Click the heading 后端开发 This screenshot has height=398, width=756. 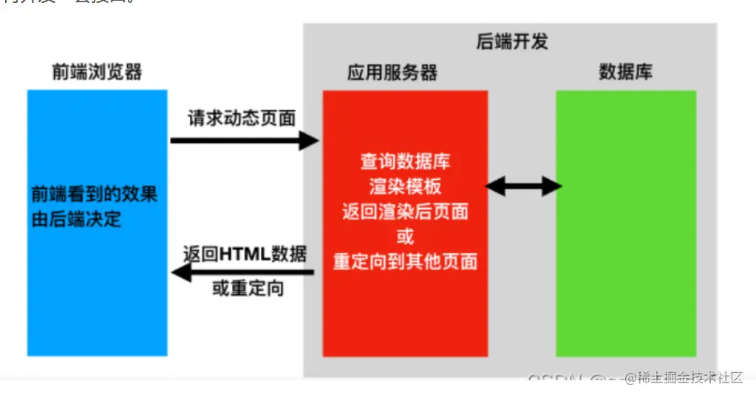pos(511,41)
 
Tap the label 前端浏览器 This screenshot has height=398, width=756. pos(97,72)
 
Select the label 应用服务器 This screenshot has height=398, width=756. pos(392,72)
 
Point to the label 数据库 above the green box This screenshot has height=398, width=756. pos(625,72)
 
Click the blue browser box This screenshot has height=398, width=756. pos(97,296)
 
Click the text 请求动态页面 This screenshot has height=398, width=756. pos(242,118)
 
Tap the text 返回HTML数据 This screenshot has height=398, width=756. pos(245,254)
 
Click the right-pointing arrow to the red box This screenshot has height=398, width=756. pos(244,140)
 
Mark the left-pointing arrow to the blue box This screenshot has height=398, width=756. pos(244,273)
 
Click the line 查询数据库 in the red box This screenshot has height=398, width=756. pos(405,161)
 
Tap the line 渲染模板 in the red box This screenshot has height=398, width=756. pos(405,186)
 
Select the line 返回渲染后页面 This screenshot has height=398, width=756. pos(405,211)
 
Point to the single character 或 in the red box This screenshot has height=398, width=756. pos(405,236)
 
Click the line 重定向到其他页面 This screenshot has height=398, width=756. pos(405,262)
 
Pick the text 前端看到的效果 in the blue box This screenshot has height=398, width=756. pos(94,195)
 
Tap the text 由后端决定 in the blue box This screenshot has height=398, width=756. pos(76,219)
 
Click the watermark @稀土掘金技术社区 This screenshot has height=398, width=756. pos(683,378)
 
